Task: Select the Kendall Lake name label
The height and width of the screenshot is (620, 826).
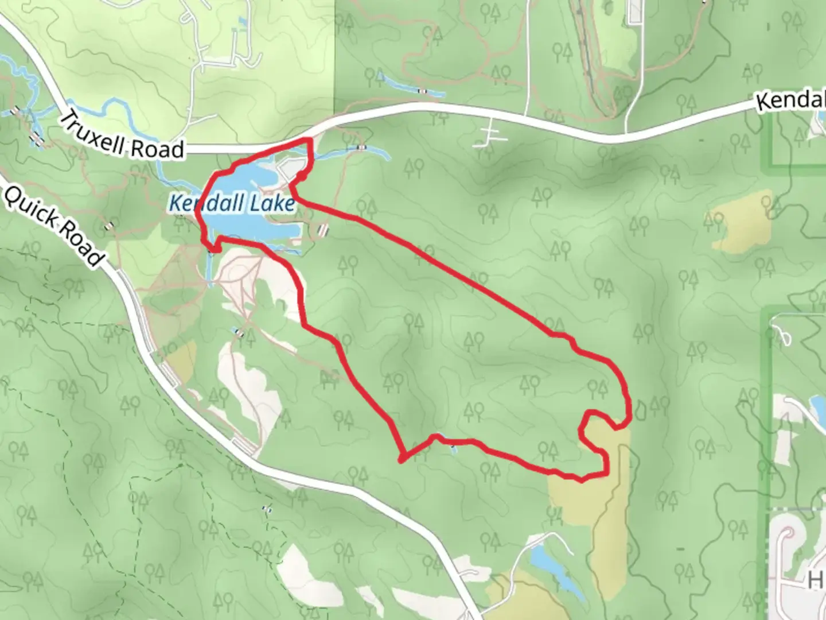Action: [232, 203]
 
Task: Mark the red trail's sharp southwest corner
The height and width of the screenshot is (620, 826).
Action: [402, 459]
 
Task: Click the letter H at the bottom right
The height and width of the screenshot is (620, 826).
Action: [816, 580]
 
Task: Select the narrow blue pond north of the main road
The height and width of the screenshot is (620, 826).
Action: [413, 86]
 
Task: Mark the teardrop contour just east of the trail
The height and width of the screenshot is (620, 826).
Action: [640, 409]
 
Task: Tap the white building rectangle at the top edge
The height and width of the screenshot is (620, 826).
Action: [635, 11]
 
